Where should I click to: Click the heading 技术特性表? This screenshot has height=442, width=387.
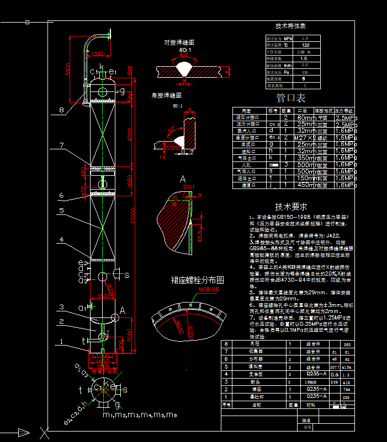click(290, 26)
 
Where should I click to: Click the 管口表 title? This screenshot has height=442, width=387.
click(290, 99)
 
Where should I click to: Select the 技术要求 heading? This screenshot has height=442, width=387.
click(291, 207)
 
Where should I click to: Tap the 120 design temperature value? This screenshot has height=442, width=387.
click(305, 45)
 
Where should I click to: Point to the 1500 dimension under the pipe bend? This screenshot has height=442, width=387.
click(97, 54)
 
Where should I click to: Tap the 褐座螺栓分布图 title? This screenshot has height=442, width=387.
click(190, 279)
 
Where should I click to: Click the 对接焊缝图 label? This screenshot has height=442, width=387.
click(179, 42)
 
